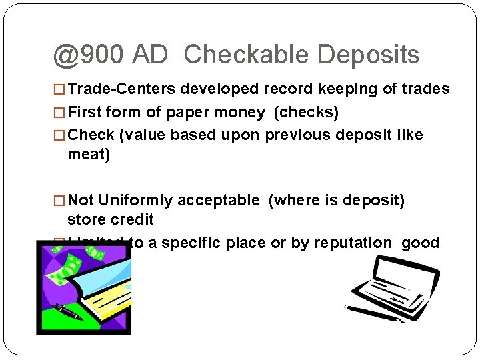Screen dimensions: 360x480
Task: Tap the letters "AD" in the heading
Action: click(x=151, y=55)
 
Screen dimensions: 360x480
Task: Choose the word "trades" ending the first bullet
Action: click(x=427, y=89)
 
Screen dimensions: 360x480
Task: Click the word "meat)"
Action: click(x=89, y=155)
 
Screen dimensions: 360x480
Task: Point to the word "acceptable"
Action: click(x=219, y=200)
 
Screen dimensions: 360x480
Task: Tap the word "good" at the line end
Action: click(x=420, y=243)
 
